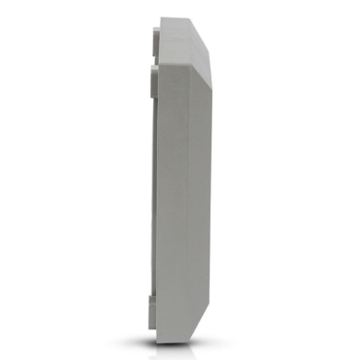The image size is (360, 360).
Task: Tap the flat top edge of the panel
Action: click(174, 18)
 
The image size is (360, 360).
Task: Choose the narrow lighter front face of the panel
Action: click(204, 185)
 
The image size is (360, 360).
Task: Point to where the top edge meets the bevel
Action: click(190, 18)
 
